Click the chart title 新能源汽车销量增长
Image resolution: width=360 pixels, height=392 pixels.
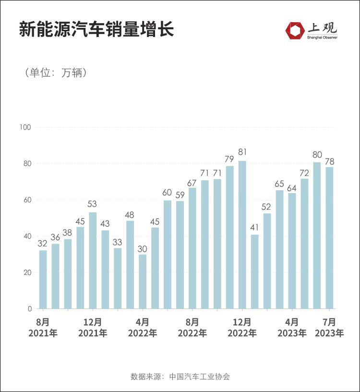(96, 30)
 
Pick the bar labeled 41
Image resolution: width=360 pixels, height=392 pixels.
(255, 271)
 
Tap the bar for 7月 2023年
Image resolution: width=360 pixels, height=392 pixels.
(329, 238)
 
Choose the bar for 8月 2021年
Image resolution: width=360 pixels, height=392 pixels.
(43, 279)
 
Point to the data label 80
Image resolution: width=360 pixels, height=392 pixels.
(317, 155)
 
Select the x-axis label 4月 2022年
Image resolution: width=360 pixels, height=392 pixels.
(143, 327)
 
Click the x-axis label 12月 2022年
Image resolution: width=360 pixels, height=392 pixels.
(242, 327)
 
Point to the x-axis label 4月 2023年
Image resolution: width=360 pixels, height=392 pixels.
(292, 327)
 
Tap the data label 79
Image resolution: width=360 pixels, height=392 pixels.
(229, 159)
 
